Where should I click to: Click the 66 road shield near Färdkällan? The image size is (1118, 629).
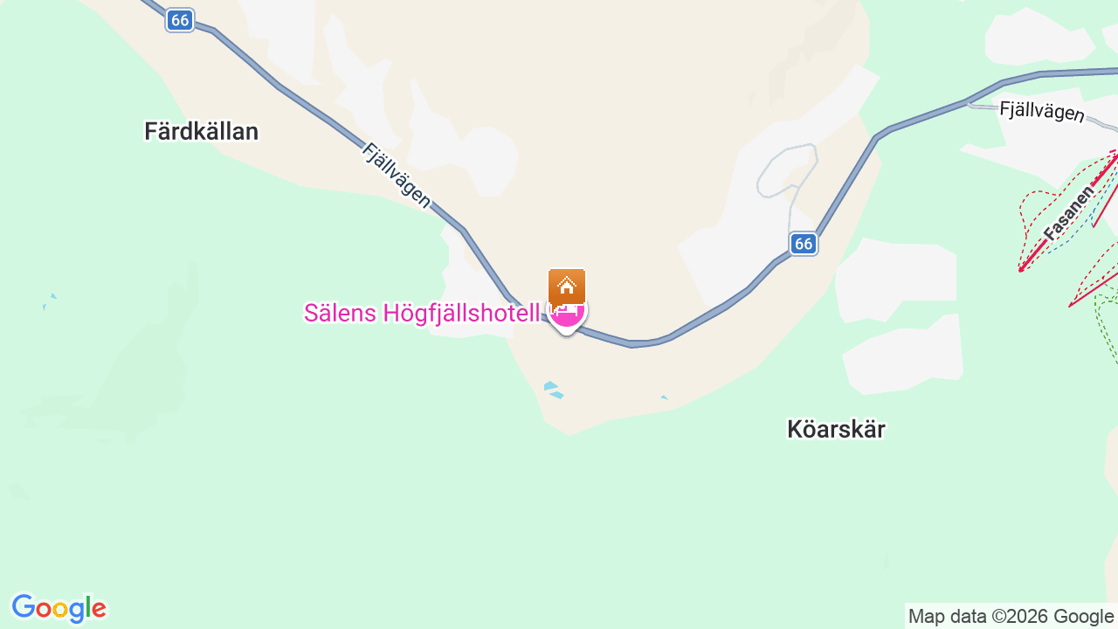[x=180, y=20]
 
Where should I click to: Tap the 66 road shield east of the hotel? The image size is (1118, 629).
[x=804, y=244]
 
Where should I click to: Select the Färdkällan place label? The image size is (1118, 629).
[x=201, y=132]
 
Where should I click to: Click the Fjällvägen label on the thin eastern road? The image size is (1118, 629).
[x=1041, y=112]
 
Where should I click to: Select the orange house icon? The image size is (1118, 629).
[x=567, y=286]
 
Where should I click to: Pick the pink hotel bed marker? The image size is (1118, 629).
[x=568, y=314]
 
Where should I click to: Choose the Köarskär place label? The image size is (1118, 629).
[x=836, y=429]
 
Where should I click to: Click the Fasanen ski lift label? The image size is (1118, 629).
[x=1068, y=212]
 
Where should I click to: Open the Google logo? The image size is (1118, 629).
[x=59, y=608]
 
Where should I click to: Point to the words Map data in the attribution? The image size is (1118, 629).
[x=947, y=616]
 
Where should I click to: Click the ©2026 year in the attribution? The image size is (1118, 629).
[x=1019, y=616]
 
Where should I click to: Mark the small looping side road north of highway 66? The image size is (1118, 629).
[x=787, y=170]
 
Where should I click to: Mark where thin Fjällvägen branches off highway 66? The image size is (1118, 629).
[x=968, y=102]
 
